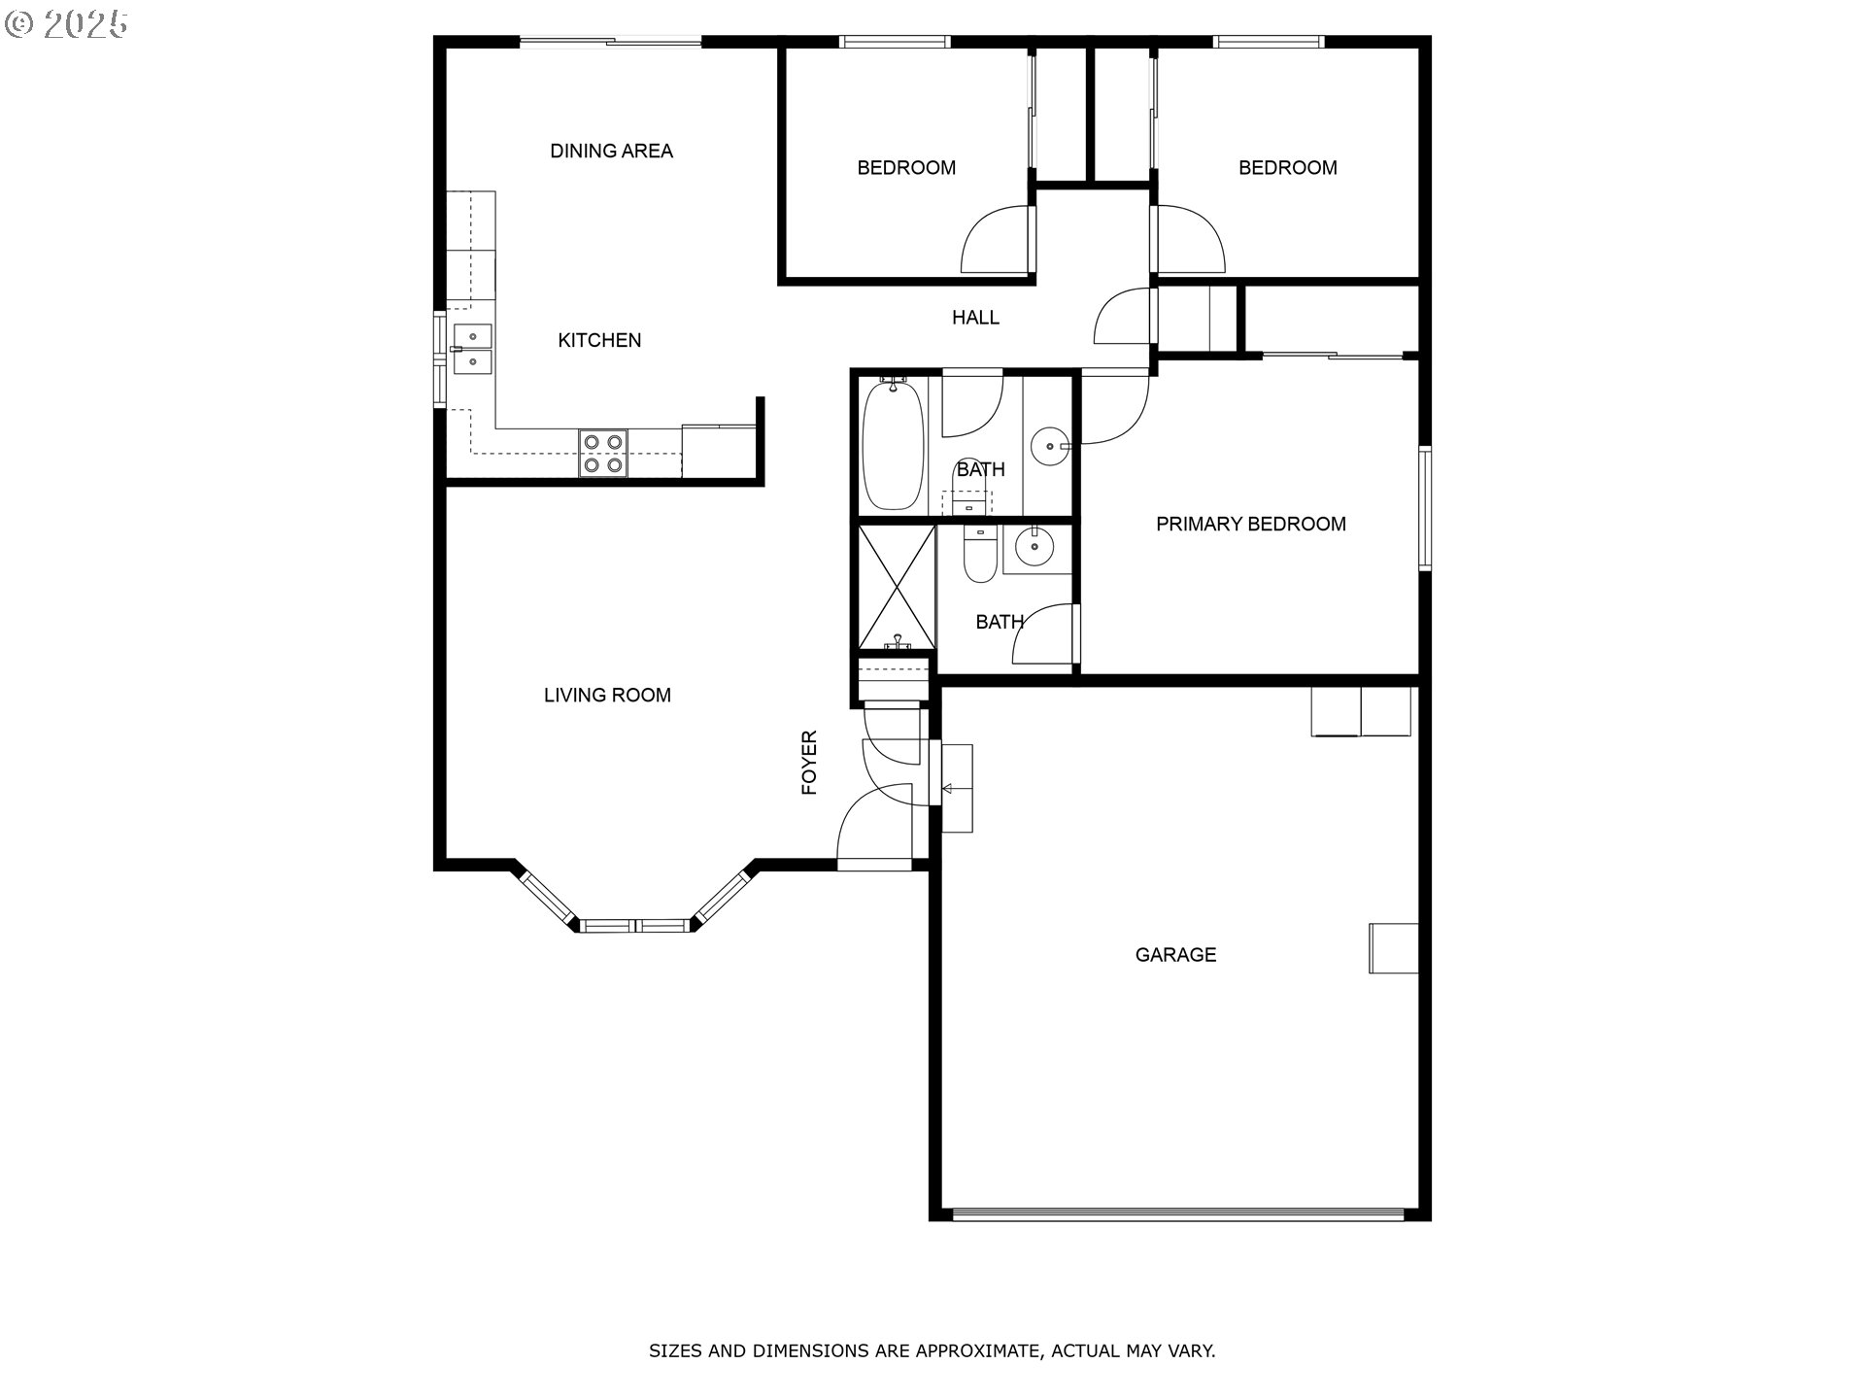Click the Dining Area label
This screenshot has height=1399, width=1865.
pos(611,151)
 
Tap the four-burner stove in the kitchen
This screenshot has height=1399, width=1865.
pos(602,454)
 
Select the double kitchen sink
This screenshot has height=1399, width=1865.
pos(472,349)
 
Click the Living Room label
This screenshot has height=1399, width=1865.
pos(607,695)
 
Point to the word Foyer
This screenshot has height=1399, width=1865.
pos(809,763)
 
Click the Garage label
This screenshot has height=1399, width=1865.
pos(1175,955)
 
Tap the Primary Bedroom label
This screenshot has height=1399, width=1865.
pos(1251,524)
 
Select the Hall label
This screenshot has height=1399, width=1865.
pos(975,318)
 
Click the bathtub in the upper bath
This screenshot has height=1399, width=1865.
pos(893,445)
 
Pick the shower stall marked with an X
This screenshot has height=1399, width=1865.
pos(896,586)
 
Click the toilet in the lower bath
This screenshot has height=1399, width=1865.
pos(979,554)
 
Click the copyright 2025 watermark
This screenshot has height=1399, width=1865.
pos(66,24)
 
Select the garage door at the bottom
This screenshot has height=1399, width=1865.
pos(1178,1213)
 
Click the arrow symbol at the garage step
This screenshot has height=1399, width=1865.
pos(948,788)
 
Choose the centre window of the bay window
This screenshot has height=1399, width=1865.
pos(635,925)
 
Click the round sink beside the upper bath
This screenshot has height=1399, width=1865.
pos(1049,447)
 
